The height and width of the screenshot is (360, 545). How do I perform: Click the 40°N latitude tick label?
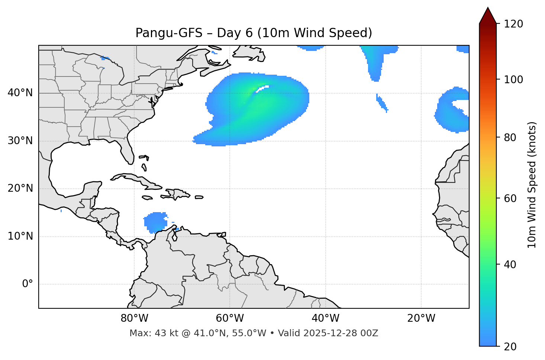[20, 93]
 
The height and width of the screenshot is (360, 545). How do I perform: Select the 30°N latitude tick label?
[20, 141]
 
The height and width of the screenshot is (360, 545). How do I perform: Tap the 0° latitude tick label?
[27, 284]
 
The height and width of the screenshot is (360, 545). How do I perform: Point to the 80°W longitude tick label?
[134, 318]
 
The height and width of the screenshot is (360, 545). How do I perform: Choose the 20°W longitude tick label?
[421, 318]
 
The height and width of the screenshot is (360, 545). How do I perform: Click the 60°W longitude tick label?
[230, 318]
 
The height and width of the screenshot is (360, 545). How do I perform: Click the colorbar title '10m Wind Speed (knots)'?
[532, 185]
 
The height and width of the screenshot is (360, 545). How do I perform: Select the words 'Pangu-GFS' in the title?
[169, 33]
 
